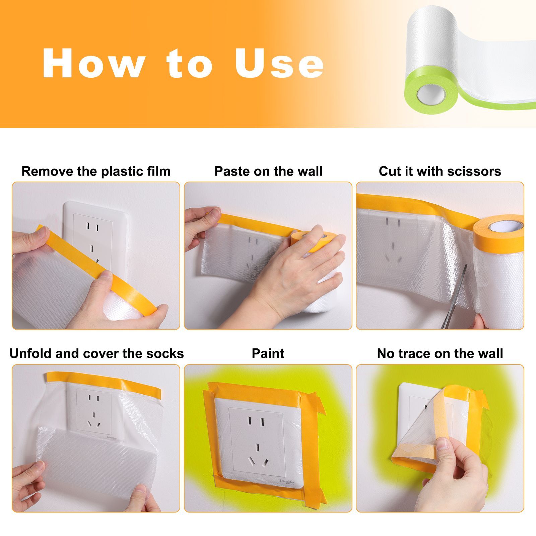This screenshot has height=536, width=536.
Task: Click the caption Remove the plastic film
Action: (96, 172)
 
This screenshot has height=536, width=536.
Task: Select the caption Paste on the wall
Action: (268, 172)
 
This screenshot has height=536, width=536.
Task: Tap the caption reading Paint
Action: (268, 354)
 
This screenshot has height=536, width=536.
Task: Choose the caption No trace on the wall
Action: (440, 354)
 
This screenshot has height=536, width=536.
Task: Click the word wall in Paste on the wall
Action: (311, 172)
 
